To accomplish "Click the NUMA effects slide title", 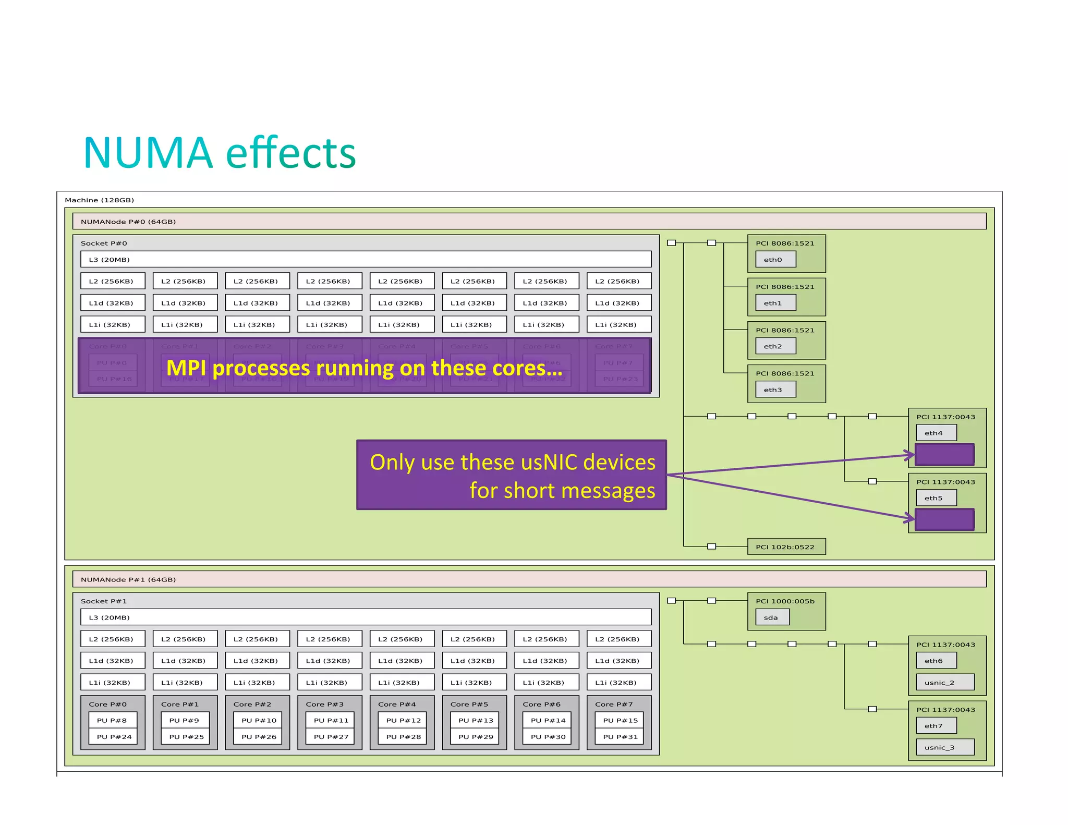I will (x=219, y=153).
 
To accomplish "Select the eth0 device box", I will (x=775, y=259).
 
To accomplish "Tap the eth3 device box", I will (x=775, y=390).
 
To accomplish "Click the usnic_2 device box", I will (x=945, y=682).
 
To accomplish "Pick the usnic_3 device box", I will (x=945, y=747).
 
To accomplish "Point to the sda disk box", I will (x=772, y=617).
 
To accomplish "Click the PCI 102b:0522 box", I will (x=786, y=547).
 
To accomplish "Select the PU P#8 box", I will (x=113, y=720).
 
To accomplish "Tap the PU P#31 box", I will (x=620, y=736).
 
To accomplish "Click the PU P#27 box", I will (x=331, y=736).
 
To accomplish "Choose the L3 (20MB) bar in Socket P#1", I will (x=365, y=617).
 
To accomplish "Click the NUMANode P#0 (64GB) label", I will (x=128, y=222).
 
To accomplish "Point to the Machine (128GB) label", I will (x=100, y=200).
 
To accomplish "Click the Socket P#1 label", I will (x=104, y=601).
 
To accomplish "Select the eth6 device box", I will (x=936, y=661).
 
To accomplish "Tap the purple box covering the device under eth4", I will (x=944, y=454).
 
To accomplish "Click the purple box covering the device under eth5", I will (x=944, y=519).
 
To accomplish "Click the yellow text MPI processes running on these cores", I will (x=365, y=368).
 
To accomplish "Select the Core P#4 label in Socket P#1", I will (x=397, y=704).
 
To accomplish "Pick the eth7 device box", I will (x=936, y=725).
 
